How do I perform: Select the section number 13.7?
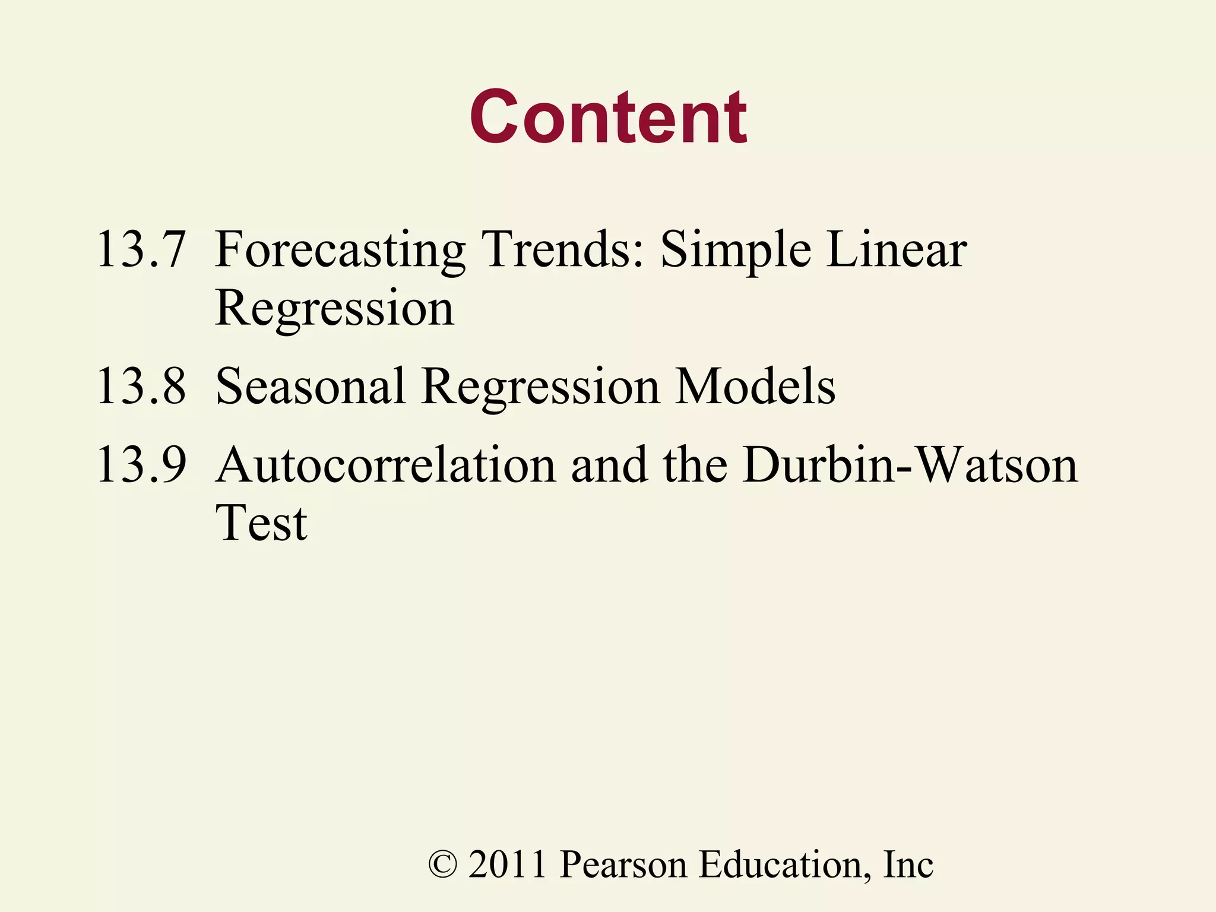(141, 249)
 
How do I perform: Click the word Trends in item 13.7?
(562, 249)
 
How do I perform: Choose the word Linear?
(897, 249)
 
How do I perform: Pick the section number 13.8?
(141, 387)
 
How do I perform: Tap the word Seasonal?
(311, 387)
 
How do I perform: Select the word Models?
(756, 387)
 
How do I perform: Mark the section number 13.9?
(141, 464)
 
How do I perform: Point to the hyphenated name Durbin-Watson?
(910, 464)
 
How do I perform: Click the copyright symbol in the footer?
(443, 864)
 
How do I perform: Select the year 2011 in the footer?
(508, 864)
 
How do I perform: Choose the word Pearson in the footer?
(623, 864)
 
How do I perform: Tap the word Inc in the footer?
(908, 864)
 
